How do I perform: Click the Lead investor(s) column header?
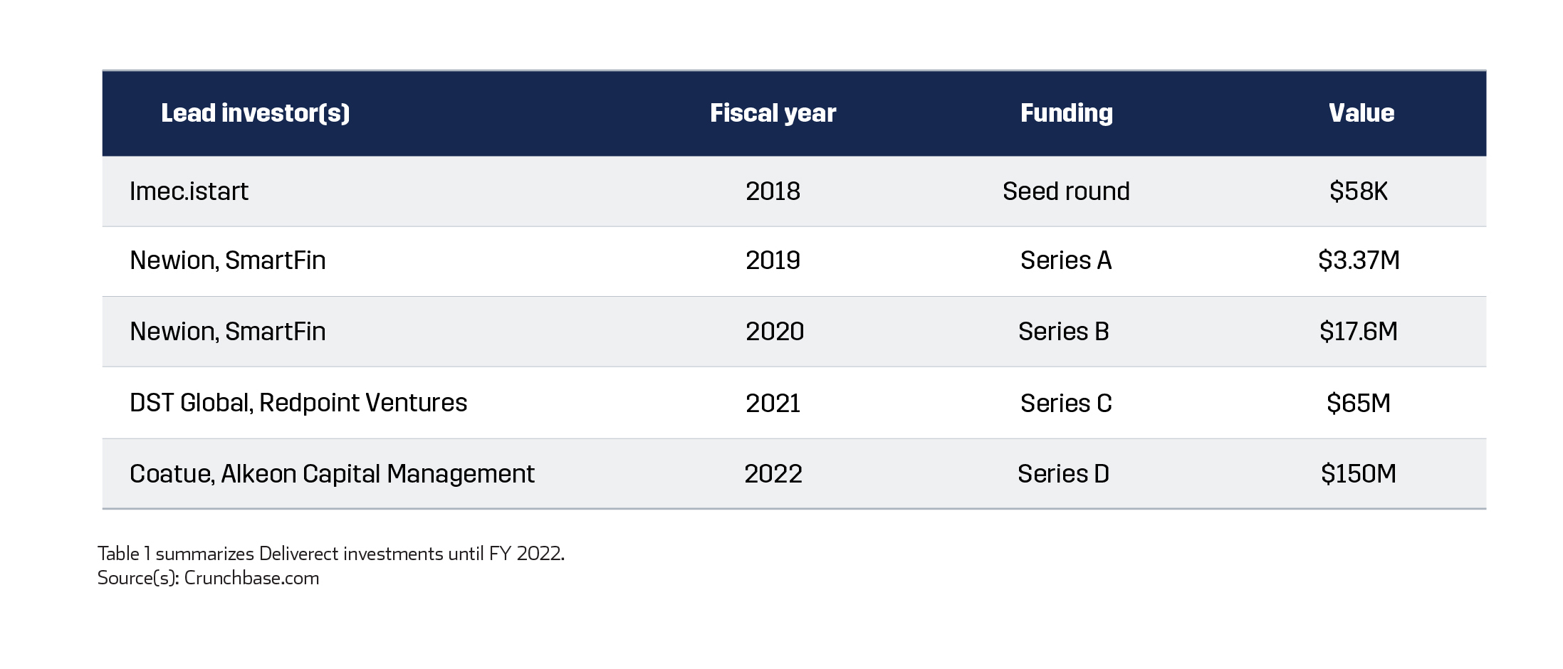tap(255, 113)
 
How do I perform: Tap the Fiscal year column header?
tap(773, 113)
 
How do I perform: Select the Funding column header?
tap(1066, 113)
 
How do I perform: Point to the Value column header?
tap(1361, 113)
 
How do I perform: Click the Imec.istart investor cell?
tap(189, 191)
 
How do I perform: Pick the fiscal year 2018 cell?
tap(773, 191)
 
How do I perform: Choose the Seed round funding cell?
tap(1066, 191)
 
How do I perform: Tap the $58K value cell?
tap(1358, 191)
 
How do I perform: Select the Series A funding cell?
tap(1066, 260)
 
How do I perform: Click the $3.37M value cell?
tap(1359, 260)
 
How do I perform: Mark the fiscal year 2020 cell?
tap(775, 332)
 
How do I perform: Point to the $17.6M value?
tap(1359, 332)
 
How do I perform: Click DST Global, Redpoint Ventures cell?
tap(298, 403)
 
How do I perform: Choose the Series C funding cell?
tap(1066, 404)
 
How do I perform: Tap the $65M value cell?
tap(1359, 404)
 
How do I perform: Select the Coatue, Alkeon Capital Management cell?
tap(332, 474)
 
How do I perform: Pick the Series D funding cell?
tap(1063, 474)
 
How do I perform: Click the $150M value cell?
tap(1359, 474)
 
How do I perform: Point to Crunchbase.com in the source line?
tap(251, 578)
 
